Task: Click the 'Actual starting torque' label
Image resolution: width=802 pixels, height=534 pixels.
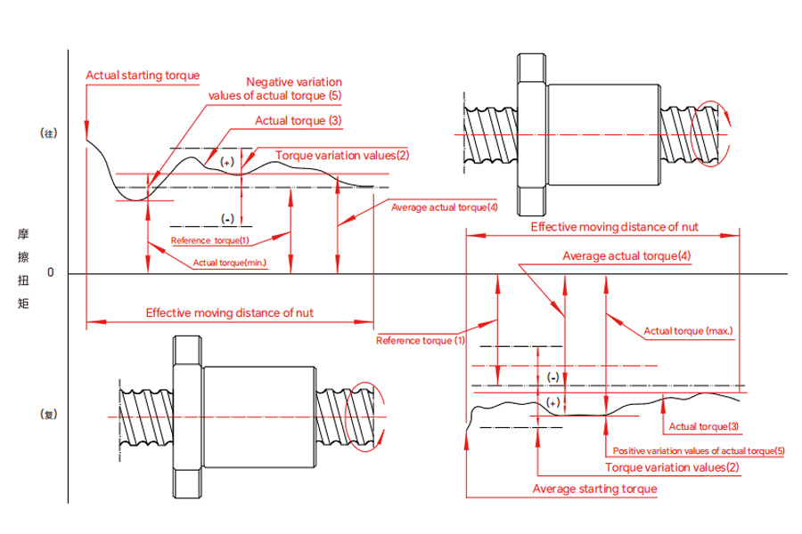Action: [x=143, y=76]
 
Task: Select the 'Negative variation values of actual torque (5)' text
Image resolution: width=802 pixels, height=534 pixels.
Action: [x=275, y=89]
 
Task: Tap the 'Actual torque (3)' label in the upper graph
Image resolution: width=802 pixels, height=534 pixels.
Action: [x=299, y=121]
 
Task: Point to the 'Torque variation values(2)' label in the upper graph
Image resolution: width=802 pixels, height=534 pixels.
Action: [x=342, y=156]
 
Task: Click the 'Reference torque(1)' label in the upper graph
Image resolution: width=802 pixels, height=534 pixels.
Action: [x=209, y=240]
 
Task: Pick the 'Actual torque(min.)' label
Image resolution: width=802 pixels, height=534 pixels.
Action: [x=230, y=263]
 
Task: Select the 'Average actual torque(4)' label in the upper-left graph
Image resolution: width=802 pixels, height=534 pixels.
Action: [x=444, y=207]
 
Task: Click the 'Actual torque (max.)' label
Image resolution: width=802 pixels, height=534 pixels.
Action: [x=688, y=331]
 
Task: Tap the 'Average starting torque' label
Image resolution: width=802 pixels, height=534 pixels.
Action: [x=595, y=489]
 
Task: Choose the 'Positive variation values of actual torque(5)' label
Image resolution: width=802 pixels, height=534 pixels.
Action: [x=699, y=450]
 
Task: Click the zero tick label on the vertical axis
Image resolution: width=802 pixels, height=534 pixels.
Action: [x=50, y=272]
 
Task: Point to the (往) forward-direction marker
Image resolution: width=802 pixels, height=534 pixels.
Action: [x=49, y=133]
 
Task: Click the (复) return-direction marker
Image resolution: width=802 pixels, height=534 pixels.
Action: [x=49, y=415]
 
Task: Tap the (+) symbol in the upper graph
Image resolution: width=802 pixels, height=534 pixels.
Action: [x=227, y=162]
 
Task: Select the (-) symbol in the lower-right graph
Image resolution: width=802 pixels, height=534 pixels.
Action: [x=552, y=377]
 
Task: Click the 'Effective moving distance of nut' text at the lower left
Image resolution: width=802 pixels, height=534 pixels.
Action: [x=230, y=312]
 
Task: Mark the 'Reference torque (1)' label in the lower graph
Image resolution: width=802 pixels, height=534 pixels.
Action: [x=421, y=340]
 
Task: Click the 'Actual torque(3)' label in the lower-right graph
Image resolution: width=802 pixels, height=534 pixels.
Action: [x=704, y=426]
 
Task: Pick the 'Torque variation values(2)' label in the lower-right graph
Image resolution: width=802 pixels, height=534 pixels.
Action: [x=672, y=467]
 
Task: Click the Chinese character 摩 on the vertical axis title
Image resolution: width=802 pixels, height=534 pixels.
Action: [x=23, y=234]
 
